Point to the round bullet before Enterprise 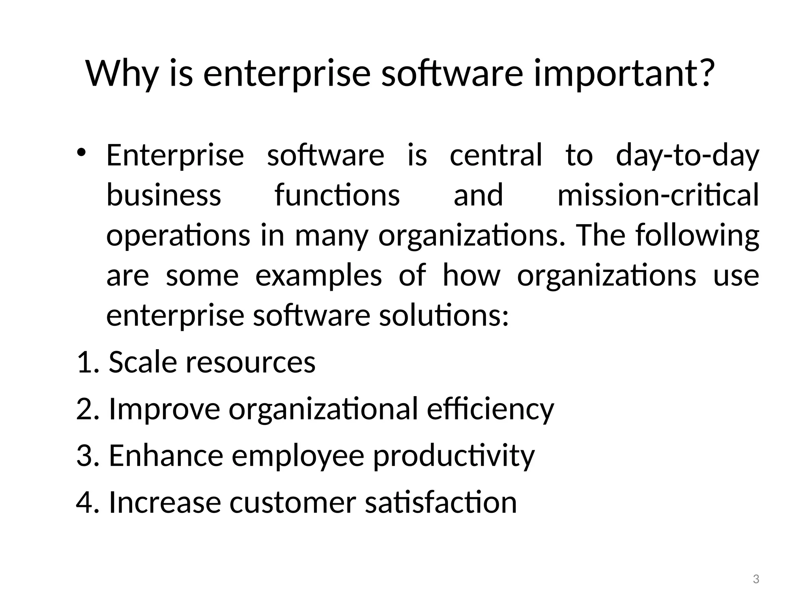[81, 152]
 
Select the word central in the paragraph [496, 155]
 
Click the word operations [178, 236]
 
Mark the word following [697, 236]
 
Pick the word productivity [454, 456]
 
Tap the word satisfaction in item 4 [441, 502]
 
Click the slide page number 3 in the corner [756, 580]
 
